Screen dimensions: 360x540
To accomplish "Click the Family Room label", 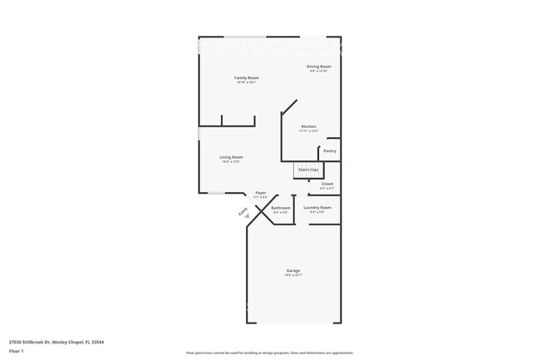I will pos(247,77).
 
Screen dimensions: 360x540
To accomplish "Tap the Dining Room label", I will pos(319,66).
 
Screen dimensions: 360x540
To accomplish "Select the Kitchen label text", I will pos(308,126).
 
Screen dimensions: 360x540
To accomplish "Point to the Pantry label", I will pos(330,150).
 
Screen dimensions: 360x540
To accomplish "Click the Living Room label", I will pos(231,156).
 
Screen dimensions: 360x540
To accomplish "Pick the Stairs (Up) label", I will pos(308,169).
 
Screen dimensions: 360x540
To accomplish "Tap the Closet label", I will pos(327,184).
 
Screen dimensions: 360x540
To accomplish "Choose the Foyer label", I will pos(260,192).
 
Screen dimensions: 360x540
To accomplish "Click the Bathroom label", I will pos(281,208).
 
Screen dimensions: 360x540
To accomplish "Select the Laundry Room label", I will pos(317,207).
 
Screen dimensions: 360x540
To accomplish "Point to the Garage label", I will pos(293,270).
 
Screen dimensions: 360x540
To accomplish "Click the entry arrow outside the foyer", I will pos(247,215).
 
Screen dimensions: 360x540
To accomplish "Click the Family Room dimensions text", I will pos(247,82).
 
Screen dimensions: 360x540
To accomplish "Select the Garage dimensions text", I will pos(293,275).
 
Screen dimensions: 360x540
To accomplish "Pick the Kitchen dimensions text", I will pos(308,131).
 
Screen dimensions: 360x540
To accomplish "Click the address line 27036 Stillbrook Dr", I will pos(56,342).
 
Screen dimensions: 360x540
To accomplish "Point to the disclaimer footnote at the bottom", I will pos(269,353).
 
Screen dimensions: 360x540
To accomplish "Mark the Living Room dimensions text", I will pos(231,161).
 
